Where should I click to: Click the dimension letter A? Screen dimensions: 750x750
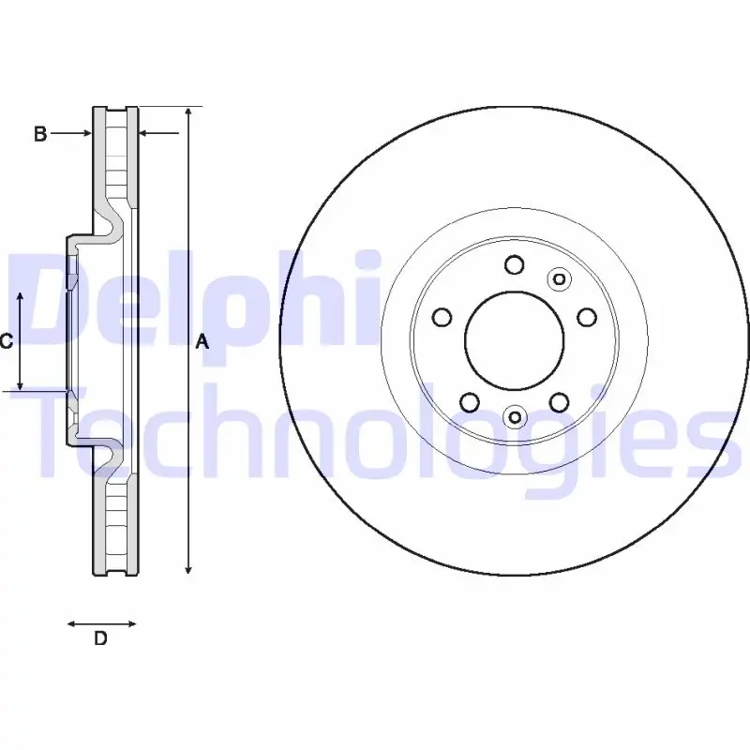pos(202,341)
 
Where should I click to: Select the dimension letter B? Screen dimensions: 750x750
pos(40,133)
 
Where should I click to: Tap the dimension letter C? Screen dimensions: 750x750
pos(7,341)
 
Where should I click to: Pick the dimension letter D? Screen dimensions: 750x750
pos(100,638)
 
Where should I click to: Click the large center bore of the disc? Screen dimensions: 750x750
pos(514,340)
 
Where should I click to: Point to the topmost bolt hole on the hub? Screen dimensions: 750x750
pos(514,264)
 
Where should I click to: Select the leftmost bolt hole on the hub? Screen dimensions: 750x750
pos(442,317)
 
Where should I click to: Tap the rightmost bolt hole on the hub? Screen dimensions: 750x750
pos(587,317)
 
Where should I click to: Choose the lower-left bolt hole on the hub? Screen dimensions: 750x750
pos(470,402)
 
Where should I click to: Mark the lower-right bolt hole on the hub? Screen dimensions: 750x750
pos(559,402)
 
